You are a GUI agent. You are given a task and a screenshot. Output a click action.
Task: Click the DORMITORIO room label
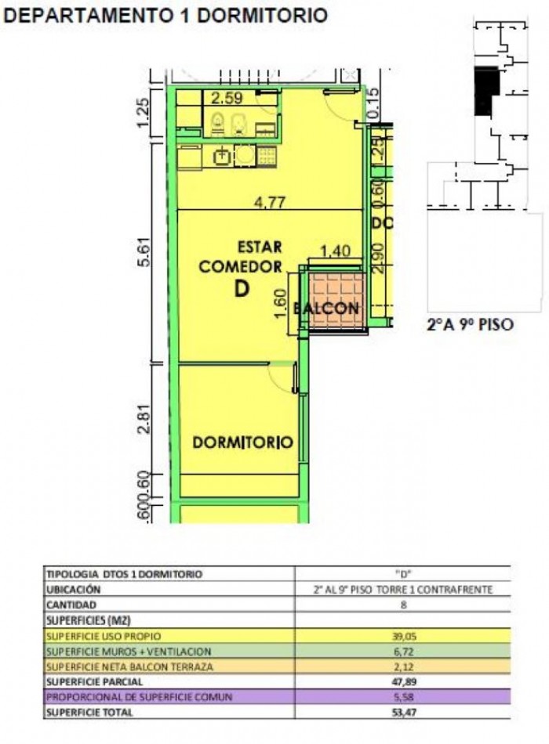242,442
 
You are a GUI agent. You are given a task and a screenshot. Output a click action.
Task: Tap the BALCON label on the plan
327,309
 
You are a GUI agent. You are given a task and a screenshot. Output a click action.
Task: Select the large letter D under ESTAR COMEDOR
242,289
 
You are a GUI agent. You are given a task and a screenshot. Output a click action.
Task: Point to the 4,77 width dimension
268,201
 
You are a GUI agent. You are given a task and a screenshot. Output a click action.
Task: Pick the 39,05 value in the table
401,636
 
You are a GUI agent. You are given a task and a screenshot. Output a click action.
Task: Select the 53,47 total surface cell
401,712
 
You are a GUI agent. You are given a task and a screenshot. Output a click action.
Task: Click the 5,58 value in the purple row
401,697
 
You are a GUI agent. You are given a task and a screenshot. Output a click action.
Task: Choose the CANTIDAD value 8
401,605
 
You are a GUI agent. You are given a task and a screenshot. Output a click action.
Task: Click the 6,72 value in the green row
401,651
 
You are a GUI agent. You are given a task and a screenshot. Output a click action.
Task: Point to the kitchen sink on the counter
224,156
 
